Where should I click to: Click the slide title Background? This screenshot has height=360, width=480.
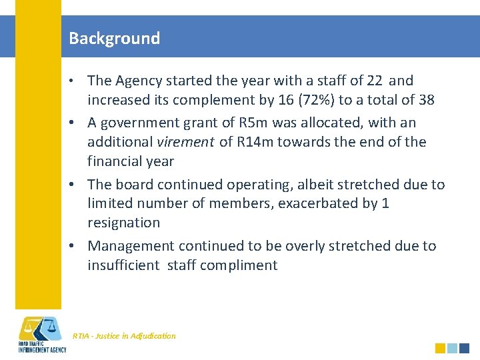click(x=114, y=38)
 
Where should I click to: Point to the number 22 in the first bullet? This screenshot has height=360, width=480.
click(x=374, y=81)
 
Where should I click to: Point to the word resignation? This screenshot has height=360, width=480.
click(x=123, y=223)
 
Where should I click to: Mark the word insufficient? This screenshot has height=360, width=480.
click(x=123, y=265)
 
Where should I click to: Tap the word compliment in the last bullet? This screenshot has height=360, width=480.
click(x=238, y=265)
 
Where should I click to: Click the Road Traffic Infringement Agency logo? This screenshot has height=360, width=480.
click(x=41, y=333)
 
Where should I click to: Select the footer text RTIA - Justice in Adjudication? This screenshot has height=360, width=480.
click(x=124, y=336)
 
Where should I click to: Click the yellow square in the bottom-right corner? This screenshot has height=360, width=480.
click(x=440, y=348)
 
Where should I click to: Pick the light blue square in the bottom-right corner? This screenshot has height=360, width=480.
click(x=452, y=348)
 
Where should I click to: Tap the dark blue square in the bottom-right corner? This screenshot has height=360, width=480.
click(x=464, y=348)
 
